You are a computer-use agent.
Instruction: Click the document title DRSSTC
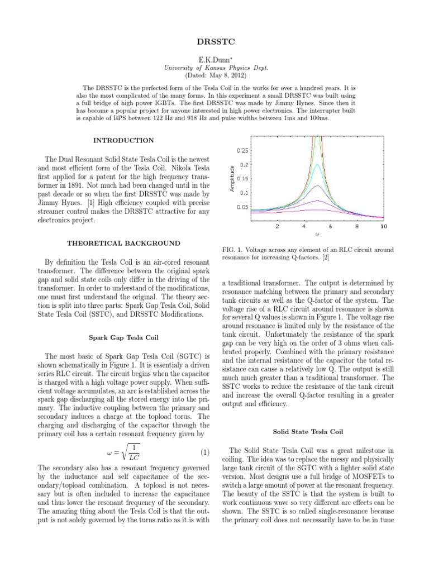tap(214, 42)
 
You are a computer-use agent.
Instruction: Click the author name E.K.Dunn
tap(214, 59)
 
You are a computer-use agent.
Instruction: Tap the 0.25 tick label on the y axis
tap(243, 151)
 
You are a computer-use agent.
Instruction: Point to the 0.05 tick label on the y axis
tap(243, 207)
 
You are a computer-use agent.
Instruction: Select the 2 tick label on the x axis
tap(278, 227)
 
